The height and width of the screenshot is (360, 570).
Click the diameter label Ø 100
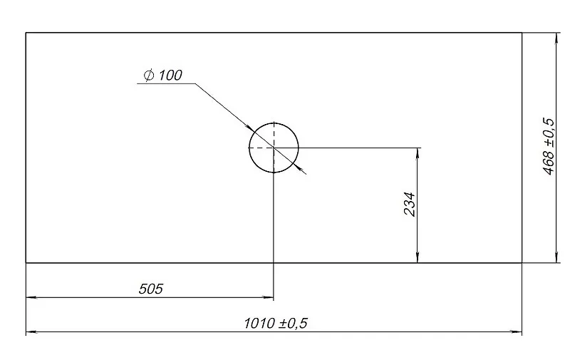click(163, 76)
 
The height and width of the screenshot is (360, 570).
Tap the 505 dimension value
click(151, 289)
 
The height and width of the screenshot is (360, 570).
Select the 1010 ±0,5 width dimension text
click(276, 323)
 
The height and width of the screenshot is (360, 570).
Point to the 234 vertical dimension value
click(410, 204)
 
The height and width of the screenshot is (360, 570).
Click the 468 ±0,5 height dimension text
click(549, 146)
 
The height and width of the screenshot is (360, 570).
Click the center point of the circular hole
click(274, 148)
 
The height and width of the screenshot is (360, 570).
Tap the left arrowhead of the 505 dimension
click(31, 297)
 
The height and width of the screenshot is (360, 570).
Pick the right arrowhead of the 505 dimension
click(269, 297)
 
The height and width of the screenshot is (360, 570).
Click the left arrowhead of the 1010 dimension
click(31, 331)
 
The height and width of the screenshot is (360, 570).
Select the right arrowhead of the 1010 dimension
click(517, 331)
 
